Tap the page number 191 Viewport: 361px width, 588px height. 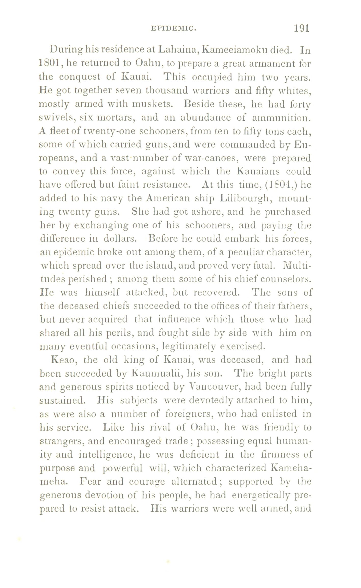301,28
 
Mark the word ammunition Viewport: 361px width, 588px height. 281,118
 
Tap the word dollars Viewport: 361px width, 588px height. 120,239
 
